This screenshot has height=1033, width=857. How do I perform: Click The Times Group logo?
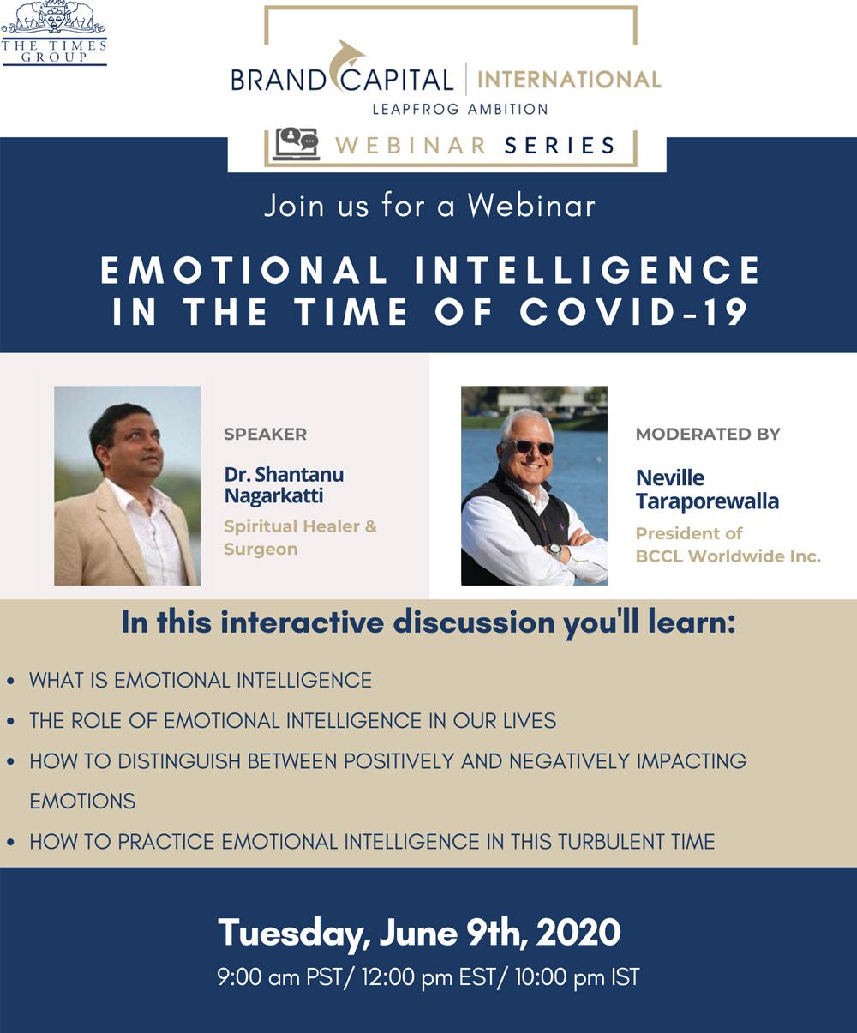click(53, 33)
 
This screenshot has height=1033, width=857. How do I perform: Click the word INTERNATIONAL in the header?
click(569, 80)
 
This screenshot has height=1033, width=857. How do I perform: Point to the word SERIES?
click(560, 145)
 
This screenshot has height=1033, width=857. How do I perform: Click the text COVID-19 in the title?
click(635, 311)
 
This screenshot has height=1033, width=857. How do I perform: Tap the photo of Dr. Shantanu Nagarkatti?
click(127, 485)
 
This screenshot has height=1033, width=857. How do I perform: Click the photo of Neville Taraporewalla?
click(534, 485)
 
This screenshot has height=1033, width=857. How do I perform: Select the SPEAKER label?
click(265, 434)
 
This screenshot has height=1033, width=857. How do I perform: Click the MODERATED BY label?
click(708, 434)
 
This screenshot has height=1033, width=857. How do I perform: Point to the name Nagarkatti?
click(273, 495)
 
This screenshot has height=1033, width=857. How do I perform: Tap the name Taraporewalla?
click(707, 501)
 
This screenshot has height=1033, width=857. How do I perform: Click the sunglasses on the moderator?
click(528, 447)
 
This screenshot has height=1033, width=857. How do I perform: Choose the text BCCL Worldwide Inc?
click(728, 556)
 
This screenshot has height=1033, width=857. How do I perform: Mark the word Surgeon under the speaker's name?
click(261, 549)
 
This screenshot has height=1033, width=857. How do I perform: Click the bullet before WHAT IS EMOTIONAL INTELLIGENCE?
click(10, 682)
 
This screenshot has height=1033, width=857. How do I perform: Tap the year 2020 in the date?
click(578, 932)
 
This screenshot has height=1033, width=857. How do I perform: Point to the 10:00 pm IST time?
click(577, 977)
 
